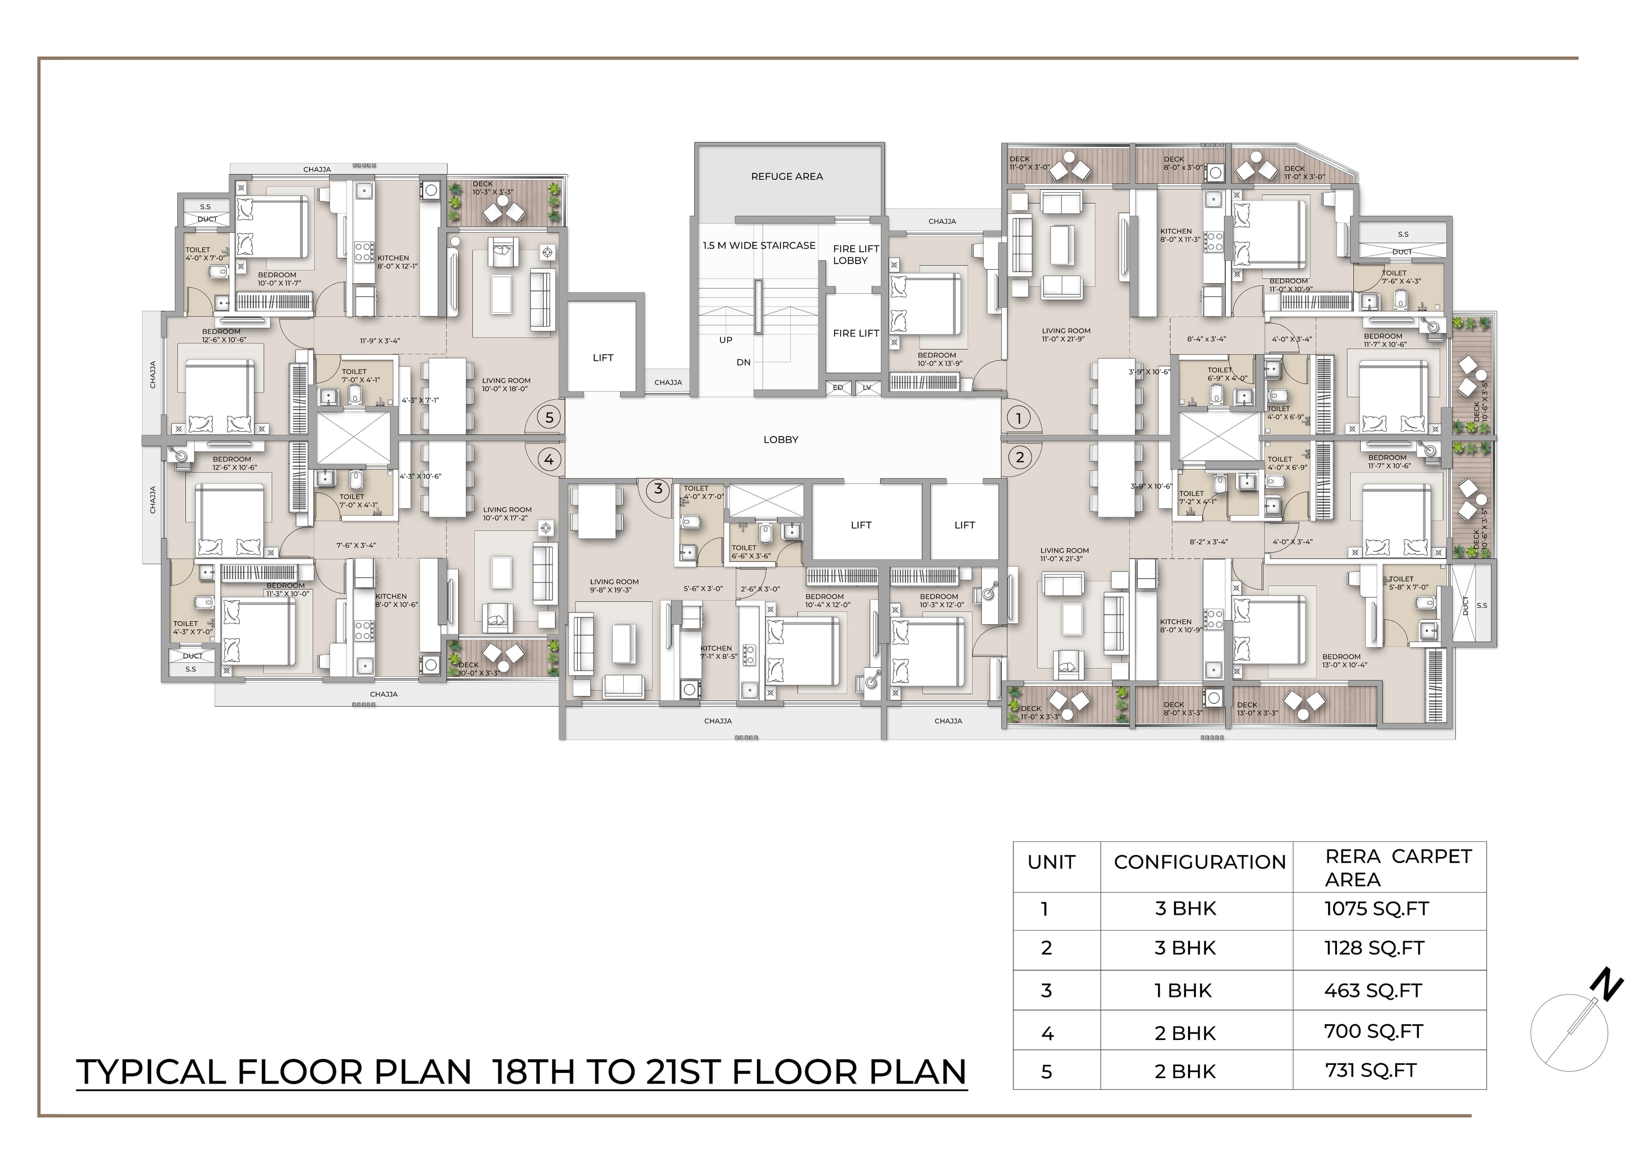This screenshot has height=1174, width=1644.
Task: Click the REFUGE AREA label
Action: [786, 176]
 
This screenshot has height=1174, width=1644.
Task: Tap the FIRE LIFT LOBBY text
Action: [855, 255]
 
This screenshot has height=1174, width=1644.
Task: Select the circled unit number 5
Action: [549, 417]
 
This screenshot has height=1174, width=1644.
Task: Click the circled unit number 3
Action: [658, 489]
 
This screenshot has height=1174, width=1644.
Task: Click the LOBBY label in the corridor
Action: [781, 440]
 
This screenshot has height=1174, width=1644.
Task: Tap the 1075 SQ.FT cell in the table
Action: [1376, 909]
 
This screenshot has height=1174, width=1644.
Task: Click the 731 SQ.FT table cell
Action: [1370, 1070]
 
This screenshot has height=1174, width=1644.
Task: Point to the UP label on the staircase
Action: [726, 340]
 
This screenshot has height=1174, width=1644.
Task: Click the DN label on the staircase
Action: [743, 362]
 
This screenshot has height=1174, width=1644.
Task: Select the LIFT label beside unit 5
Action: [603, 358]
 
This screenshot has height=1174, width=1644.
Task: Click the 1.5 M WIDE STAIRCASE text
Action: [759, 246]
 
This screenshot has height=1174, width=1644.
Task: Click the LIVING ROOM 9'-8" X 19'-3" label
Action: [614, 586]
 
